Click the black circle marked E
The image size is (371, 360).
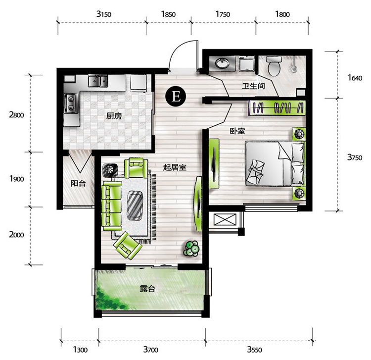[x=176, y=97]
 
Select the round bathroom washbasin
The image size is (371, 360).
[x=222, y=63]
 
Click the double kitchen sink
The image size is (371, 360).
[x=98, y=81]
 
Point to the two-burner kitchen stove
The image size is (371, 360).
[x=71, y=103]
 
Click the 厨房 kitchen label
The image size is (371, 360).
[x=114, y=116]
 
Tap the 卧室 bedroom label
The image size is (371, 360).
[x=237, y=131]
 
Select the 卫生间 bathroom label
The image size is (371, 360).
[x=253, y=86]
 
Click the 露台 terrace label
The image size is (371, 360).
[x=147, y=289]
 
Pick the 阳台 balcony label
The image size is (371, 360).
[x=78, y=183]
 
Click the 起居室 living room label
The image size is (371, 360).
[x=175, y=167]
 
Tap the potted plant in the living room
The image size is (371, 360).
[x=191, y=249]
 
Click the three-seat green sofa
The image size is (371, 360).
[x=112, y=206]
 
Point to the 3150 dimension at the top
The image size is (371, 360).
[x=104, y=14]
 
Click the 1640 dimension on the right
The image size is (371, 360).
[x=355, y=78]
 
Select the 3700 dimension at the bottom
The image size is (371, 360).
[x=151, y=349]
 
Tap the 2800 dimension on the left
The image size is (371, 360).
[x=16, y=115]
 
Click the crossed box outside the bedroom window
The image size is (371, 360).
[x=225, y=219]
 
